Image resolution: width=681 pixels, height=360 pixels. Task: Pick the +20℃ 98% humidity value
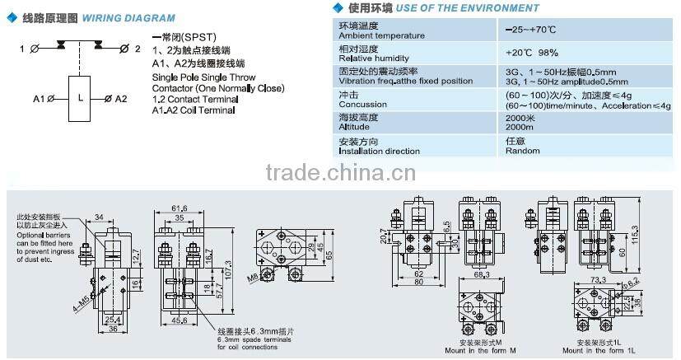(x=532, y=52)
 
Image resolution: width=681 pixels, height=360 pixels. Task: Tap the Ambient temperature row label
(x=381, y=35)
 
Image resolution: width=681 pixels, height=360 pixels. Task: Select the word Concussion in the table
(x=362, y=105)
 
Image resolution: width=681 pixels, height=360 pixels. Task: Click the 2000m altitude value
(x=519, y=128)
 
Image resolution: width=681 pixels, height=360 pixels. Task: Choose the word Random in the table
(x=523, y=152)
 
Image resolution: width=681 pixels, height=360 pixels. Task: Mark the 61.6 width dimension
(x=179, y=208)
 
